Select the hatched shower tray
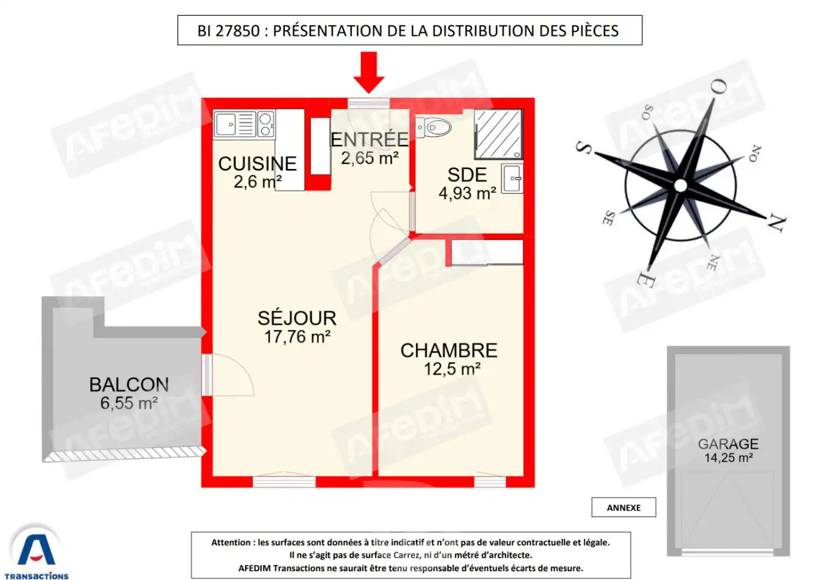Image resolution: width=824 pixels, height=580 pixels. click(499, 134)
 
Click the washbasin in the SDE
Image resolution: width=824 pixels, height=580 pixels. click(512, 178)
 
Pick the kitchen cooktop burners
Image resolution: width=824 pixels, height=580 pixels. click(265, 124)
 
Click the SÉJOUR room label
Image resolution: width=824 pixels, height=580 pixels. click(297, 318)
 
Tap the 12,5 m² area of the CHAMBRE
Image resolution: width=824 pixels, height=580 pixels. click(451, 369)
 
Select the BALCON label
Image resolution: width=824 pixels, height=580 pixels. click(129, 385)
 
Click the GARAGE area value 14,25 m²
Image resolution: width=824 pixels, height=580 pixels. click(728, 458)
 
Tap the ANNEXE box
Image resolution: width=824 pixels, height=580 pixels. click(623, 508)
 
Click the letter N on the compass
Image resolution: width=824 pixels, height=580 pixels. click(776, 223)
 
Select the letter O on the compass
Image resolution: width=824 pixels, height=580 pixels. click(719, 87)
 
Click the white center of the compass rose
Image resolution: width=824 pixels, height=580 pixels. click(680, 185)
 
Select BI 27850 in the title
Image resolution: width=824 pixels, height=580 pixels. click(228, 31)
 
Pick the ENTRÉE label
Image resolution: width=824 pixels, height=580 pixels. click(369, 140)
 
